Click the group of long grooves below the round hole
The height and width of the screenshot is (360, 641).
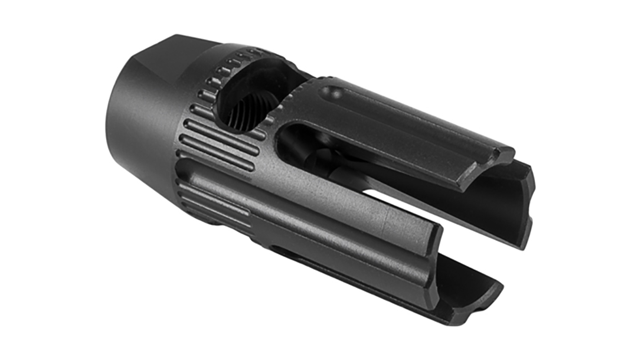point(218,142)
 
